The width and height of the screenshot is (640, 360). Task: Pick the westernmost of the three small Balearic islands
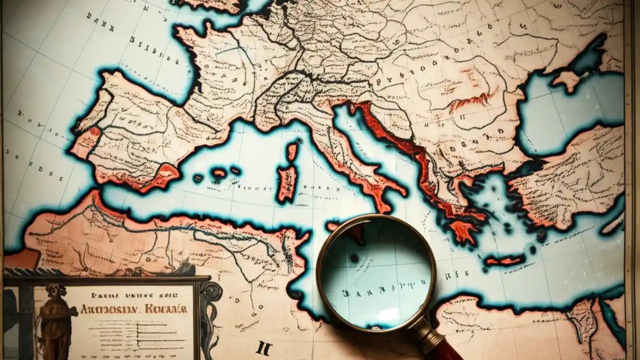[198, 178]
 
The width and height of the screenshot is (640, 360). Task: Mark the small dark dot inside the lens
[354, 258]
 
